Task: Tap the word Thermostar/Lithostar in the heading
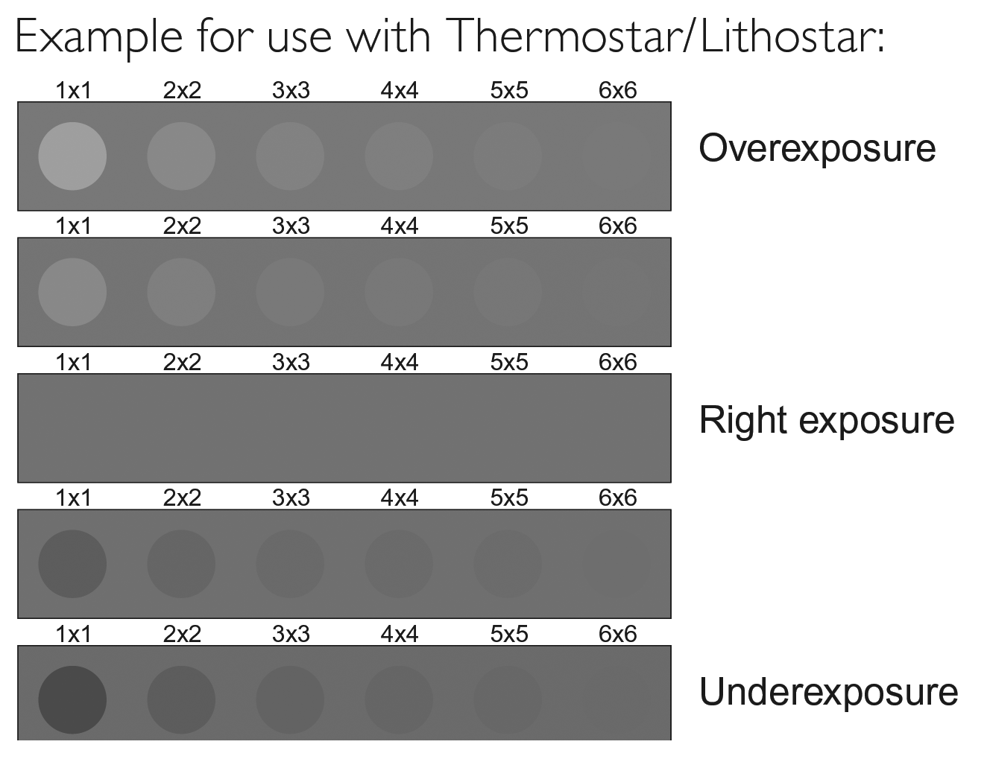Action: coord(664,36)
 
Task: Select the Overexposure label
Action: coord(817,148)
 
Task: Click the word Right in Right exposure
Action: coord(743,419)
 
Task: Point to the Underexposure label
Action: coord(828,691)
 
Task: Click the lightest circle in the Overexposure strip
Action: coord(72,156)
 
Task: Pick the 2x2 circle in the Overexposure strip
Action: coord(181,156)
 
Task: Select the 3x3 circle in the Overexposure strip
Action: coord(290,156)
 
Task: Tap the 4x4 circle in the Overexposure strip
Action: coord(399,156)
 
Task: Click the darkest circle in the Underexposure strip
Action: coord(72,700)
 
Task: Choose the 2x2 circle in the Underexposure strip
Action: coord(181,700)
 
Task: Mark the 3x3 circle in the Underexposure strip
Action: coord(290,700)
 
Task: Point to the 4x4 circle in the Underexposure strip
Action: coord(399,700)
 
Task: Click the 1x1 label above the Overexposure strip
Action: coord(73,90)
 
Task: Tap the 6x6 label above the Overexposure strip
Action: coord(617,90)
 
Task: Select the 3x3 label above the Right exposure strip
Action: coord(291,362)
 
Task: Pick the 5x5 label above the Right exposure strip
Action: coord(508,362)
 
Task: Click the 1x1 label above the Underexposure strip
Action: coord(73,634)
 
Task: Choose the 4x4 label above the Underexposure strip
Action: coord(400,634)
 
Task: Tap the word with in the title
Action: coord(389,36)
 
